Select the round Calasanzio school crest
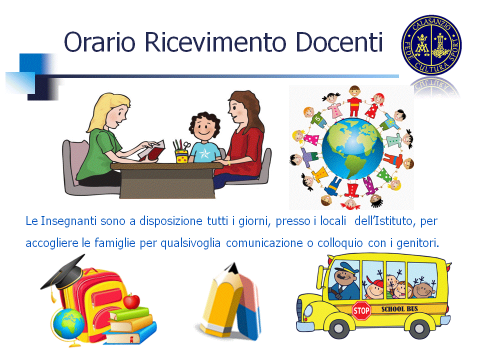[431, 45]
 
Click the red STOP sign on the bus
[361, 310]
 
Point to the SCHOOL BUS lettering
[399, 309]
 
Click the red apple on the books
[131, 301]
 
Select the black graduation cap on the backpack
[63, 274]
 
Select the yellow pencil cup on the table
[182, 156]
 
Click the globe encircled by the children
[352, 148]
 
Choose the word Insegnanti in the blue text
[68, 220]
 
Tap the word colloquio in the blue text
[340, 243]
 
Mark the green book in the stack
[130, 314]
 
